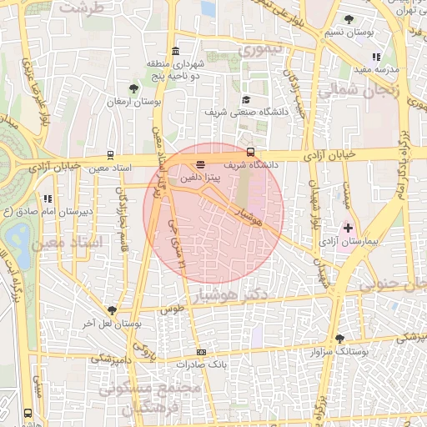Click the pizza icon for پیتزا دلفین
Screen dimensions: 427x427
pos(200,165)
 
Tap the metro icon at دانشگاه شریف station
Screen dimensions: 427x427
pos(251,152)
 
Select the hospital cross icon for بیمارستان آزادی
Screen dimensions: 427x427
pos(348,227)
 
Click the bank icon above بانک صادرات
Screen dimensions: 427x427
pos(200,353)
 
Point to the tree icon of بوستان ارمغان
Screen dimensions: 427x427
pos(133,88)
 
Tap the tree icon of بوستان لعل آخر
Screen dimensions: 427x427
pos(112,310)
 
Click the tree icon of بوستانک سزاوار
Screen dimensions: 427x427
pos(339,339)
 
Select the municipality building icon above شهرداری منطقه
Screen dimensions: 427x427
pos(175,52)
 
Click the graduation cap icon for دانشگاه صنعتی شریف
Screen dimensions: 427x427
pos(246,98)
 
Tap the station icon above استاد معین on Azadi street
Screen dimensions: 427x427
pos(111,155)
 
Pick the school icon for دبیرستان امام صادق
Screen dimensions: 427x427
pos(48,199)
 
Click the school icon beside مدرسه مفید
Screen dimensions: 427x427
pos(376,57)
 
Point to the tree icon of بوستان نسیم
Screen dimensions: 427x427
pos(349,19)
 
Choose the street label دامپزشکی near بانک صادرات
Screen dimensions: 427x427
pos(111,359)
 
